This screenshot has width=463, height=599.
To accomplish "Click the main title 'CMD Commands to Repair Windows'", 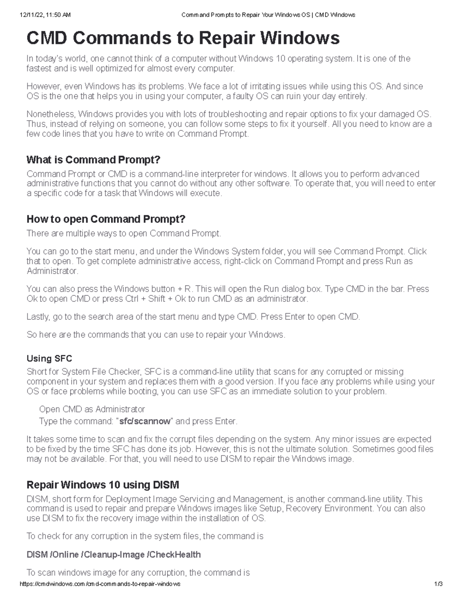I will [183, 38].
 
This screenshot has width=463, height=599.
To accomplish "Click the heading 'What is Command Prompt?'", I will [93, 160].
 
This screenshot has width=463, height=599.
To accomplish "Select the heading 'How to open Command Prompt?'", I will [106, 219].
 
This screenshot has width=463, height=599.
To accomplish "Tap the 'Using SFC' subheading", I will [49, 358].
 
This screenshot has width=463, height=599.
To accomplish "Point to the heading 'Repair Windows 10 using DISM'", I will [103, 484].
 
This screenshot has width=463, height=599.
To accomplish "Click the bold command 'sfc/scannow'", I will [145, 421].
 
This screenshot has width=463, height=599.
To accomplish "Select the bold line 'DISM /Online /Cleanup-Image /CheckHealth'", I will [113, 555].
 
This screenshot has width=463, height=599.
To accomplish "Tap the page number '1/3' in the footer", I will [438, 584].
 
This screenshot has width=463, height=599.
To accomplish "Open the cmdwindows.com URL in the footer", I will [100, 584].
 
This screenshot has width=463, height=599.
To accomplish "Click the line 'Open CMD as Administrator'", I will [92, 409].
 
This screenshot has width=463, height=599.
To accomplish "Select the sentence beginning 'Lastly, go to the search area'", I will [193, 317].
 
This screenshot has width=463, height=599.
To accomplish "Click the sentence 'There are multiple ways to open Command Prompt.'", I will [124, 233].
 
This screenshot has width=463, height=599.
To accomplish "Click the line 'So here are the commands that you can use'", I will [156, 334].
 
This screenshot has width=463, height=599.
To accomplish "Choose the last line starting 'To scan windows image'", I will [138, 572].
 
